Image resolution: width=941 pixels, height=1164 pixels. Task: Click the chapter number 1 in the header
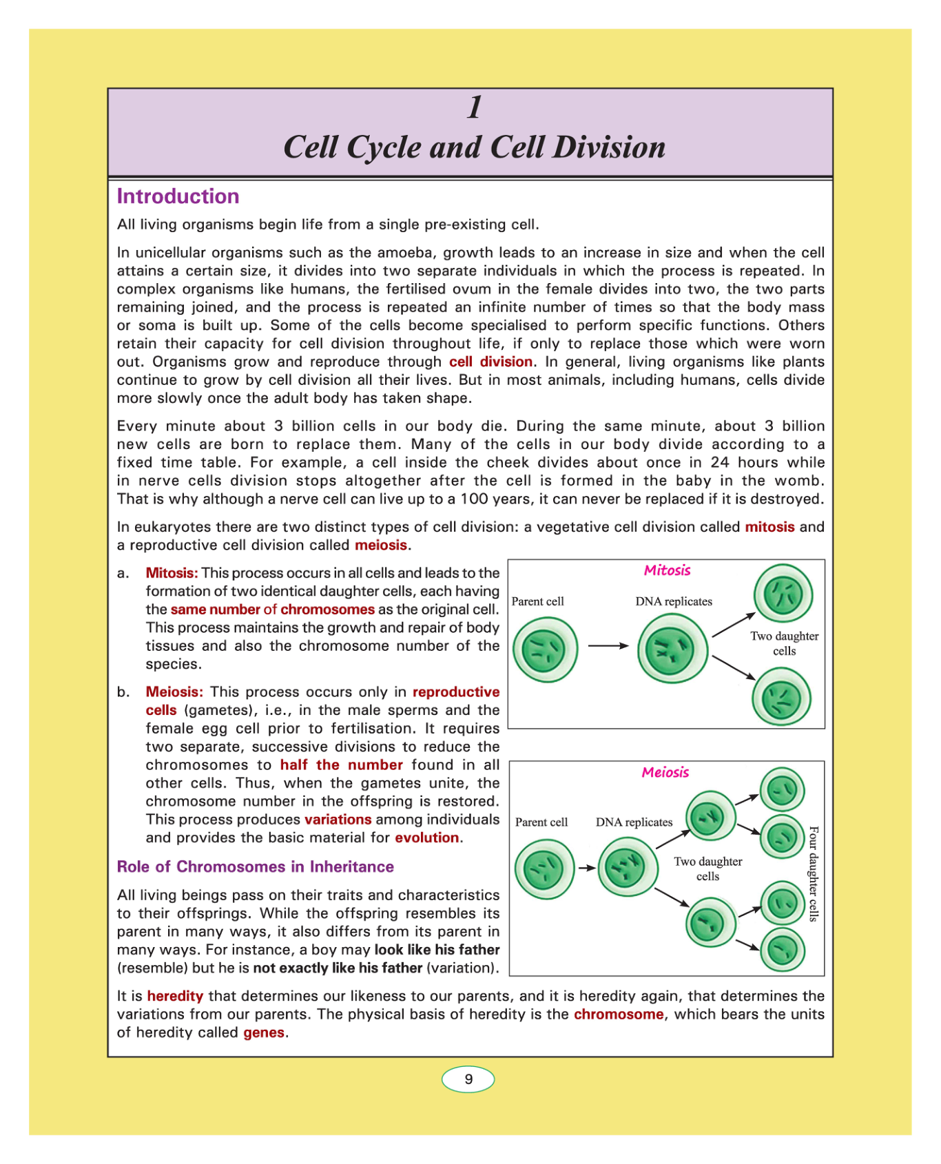tap(475, 107)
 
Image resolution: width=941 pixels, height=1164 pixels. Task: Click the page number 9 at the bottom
tap(468, 1079)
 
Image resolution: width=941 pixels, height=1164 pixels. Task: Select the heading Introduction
tap(178, 196)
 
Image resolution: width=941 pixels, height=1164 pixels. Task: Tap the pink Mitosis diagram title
tap(667, 570)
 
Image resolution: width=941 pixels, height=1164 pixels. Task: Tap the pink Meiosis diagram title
tap(665, 772)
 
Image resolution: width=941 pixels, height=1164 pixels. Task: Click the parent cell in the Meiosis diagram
tap(544, 869)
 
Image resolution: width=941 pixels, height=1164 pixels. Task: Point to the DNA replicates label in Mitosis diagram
tap(674, 601)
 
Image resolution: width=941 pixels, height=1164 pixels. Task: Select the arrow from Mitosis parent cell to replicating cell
tap(608, 646)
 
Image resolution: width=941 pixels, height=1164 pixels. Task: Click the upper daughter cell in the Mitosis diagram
tap(783, 594)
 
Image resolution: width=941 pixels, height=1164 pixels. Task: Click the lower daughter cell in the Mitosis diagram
tap(781, 698)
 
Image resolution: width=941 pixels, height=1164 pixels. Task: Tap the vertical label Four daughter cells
tap(814, 873)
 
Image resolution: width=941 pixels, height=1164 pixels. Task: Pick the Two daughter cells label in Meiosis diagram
tap(708, 869)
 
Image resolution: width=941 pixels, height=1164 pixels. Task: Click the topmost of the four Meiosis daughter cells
tap(782, 789)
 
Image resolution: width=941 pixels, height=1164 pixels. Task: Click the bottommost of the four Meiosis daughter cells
tap(782, 950)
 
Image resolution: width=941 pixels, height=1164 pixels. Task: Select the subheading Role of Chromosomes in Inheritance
tap(256, 866)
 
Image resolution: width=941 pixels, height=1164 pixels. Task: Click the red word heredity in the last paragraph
tap(175, 996)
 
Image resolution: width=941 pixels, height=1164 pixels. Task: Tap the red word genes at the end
tap(264, 1032)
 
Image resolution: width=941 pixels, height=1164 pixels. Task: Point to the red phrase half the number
tap(341, 765)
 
